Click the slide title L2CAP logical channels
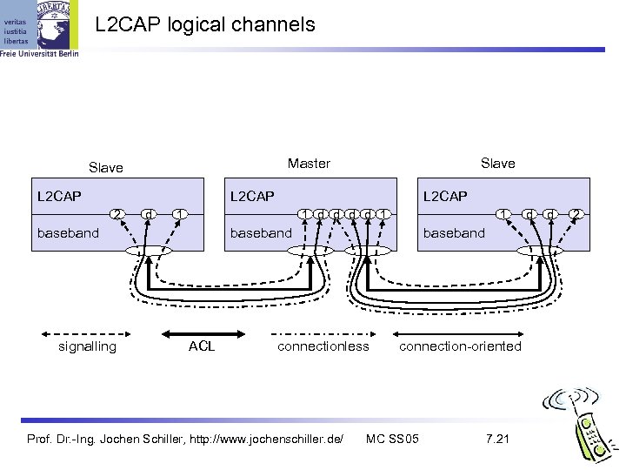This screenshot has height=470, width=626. tap(204, 25)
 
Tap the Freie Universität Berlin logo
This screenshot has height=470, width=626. tap(39, 29)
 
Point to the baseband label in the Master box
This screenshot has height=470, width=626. tap(260, 232)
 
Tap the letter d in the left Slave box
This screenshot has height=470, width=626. tap(150, 213)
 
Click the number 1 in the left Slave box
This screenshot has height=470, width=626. tap(177, 213)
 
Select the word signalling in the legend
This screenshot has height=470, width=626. tap(86, 346)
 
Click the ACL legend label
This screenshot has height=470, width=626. tap(202, 346)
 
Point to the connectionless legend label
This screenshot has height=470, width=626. tap(323, 346)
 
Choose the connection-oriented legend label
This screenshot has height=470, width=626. tap(460, 346)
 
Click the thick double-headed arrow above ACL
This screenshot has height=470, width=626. tap(203, 332)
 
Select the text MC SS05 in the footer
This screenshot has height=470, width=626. tap(393, 436)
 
